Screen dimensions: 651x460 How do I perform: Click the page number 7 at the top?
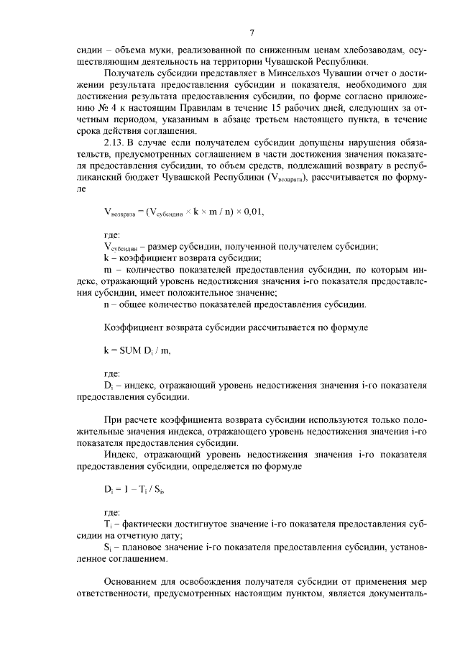click(252, 32)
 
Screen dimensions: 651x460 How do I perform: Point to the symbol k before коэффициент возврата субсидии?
click(106, 258)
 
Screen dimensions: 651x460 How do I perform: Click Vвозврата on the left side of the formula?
click(121, 213)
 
